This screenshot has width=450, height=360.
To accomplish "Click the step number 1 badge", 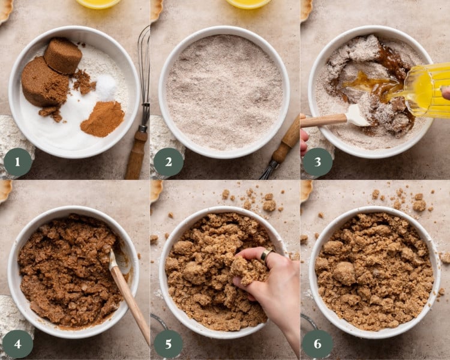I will (x=18, y=162).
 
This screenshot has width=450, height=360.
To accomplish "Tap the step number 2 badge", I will (x=168, y=162).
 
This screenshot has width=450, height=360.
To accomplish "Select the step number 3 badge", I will (x=317, y=162).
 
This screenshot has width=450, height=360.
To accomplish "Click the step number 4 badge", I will (x=18, y=344).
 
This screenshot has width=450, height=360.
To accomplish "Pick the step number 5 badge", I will (x=168, y=344).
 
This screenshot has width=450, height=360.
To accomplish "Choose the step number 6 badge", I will (x=317, y=344).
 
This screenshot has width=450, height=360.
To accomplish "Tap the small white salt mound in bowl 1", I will (x=106, y=87).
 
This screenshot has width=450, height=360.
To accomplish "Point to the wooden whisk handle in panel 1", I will (x=136, y=154).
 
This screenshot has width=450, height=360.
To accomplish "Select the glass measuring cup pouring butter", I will (x=427, y=90).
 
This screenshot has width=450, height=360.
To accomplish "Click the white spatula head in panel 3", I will (x=358, y=115).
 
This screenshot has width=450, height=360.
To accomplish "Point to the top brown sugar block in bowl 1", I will (x=63, y=56).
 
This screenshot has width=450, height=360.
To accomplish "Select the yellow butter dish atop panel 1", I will (x=98, y=3).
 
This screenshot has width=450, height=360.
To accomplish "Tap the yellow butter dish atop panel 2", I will (x=248, y=3).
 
